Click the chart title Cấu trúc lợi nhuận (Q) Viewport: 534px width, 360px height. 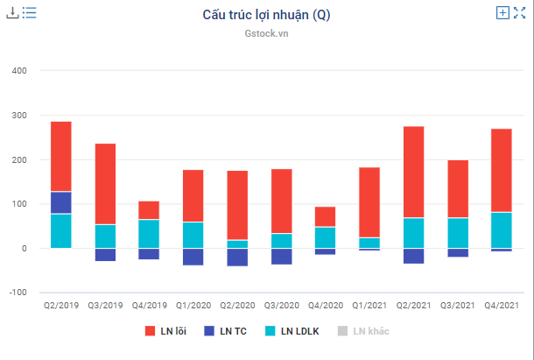point(266,15)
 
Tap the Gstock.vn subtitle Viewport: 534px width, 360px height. point(266,34)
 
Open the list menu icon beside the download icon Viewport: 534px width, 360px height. point(29,13)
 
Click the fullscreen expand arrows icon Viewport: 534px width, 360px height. point(519,13)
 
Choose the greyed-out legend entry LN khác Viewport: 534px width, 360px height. point(363,330)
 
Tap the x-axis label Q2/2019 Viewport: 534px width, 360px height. point(61,306)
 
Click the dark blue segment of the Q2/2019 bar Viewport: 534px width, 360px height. point(61,202)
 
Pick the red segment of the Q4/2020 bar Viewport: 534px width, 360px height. point(325,216)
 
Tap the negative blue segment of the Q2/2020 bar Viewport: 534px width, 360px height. point(237,257)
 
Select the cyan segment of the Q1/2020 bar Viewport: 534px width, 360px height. point(193,235)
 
